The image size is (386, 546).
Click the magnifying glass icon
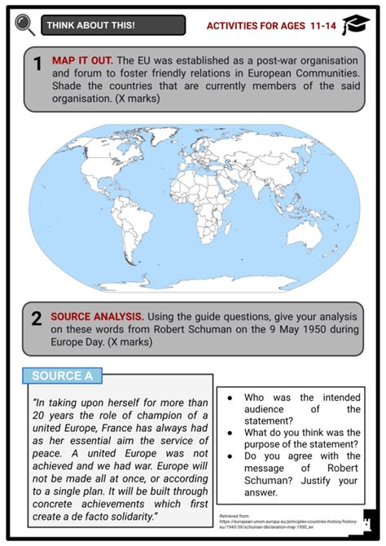(x=24, y=24)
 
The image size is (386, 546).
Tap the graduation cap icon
(x=356, y=25)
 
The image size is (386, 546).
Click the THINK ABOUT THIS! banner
(x=115, y=25)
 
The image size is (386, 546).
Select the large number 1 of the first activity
(x=37, y=64)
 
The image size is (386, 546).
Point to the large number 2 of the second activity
(x=37, y=320)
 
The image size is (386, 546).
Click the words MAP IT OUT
(x=81, y=61)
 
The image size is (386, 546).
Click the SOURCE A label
(x=64, y=376)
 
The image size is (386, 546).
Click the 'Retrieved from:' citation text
(x=235, y=516)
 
